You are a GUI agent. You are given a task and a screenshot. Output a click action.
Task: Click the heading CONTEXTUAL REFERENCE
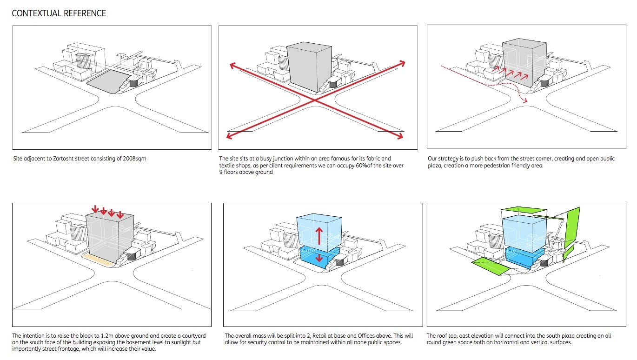click(59, 13)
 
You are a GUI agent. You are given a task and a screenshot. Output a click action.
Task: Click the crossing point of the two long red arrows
click(315, 100)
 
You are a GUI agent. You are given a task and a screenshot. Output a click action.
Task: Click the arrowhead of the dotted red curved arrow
click(526, 101)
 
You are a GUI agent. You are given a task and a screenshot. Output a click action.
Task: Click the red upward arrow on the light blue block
click(319, 235)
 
